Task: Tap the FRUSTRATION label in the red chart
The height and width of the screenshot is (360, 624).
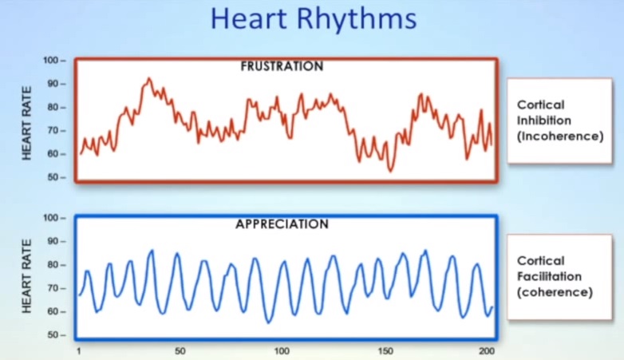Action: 282,66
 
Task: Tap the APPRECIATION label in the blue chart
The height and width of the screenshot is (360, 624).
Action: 282,224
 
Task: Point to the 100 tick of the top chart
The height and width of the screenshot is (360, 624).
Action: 53,61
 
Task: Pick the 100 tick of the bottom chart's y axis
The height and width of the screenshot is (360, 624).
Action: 53,218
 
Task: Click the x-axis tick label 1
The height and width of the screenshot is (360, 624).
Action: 79,351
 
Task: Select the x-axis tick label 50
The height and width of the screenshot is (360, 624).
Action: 180,351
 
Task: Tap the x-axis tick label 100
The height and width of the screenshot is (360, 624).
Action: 282,351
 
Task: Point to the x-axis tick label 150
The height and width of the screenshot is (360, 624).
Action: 385,351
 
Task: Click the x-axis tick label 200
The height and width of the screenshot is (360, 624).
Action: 486,351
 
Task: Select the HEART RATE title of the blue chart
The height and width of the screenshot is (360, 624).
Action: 27,275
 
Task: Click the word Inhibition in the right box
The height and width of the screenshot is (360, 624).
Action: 543,121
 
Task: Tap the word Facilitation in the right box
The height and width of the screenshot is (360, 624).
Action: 549,276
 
